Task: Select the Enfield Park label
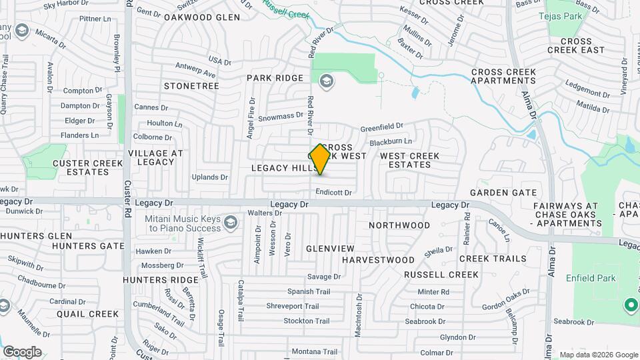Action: pyautogui.click(x=591, y=277)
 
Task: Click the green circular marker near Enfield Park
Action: pyautogui.click(x=630, y=305)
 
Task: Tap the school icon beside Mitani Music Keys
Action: pyautogui.click(x=231, y=222)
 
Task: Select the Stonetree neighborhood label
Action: pyautogui.click(x=191, y=87)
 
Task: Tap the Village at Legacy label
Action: pyautogui.click(x=155, y=157)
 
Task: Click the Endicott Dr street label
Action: pyautogui.click(x=333, y=192)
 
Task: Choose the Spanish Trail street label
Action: pyautogui.click(x=309, y=291)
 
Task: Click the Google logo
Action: pyautogui.click(x=22, y=351)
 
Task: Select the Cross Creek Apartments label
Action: pyautogui.click(x=504, y=76)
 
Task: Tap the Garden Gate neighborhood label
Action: pyautogui.click(x=503, y=193)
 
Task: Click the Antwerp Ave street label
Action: pyautogui.click(x=195, y=69)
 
